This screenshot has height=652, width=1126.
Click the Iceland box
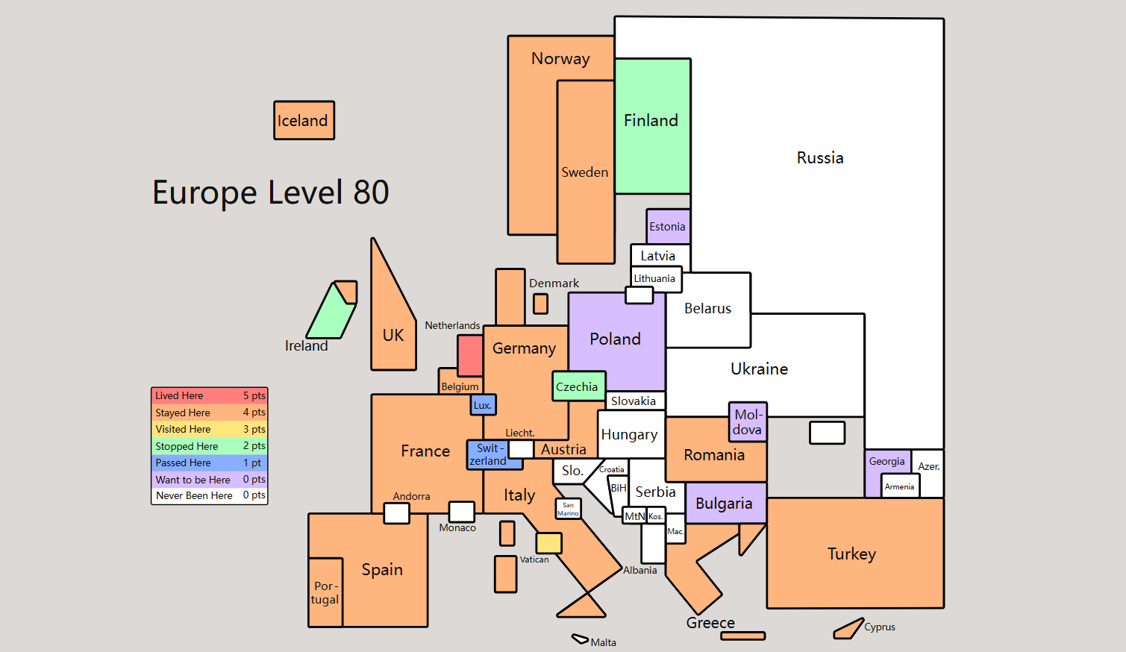point(304,120)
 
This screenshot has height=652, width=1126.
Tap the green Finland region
point(652,126)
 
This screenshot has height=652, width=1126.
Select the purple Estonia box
point(668,227)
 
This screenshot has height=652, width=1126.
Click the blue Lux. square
point(483,404)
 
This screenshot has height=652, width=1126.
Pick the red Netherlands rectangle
point(471,356)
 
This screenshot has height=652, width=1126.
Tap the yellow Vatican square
point(548,543)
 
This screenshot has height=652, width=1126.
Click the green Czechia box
point(578,386)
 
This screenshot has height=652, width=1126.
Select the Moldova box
point(748,421)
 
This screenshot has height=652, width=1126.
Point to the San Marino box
point(569,509)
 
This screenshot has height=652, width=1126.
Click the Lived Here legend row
point(210,395)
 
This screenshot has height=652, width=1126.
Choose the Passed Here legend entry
point(210,463)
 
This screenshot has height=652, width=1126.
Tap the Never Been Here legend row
point(210,495)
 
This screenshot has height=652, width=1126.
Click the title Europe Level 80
point(270,192)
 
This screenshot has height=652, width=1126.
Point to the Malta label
point(603,642)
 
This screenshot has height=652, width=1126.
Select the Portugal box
point(325,592)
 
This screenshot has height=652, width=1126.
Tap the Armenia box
point(901,486)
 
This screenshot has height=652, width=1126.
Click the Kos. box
point(656,516)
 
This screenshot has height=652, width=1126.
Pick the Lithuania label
point(654,278)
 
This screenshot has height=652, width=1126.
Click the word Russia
point(820,158)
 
